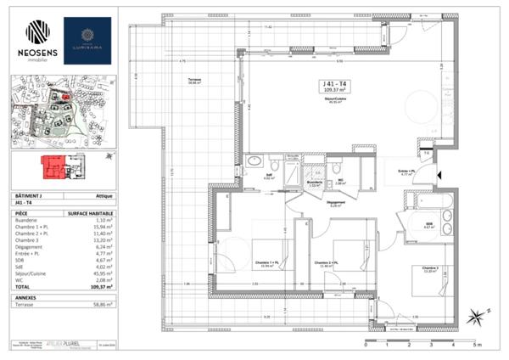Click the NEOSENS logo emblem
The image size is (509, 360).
click(37, 31)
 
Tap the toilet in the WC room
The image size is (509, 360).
click(337, 166)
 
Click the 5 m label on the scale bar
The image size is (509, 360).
click(478, 346)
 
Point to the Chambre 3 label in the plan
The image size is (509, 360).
click(429, 272)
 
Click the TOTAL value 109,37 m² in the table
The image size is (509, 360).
click(103, 287)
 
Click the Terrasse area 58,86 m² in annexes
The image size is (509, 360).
click(103, 302)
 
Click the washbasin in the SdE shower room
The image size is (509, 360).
click(255, 161)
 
